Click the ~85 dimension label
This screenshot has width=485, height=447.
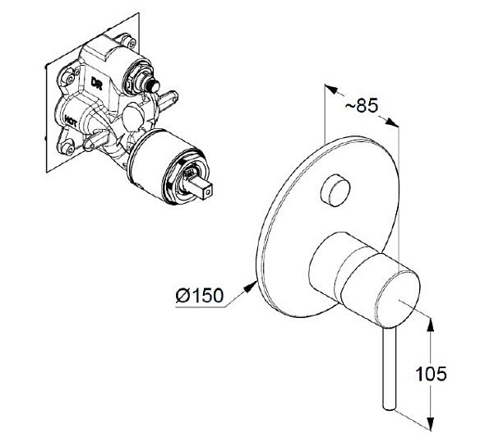point(361,105)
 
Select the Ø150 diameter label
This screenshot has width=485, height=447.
point(199,295)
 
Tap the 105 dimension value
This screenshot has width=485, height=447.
point(431,374)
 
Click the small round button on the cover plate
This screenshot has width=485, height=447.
point(335,190)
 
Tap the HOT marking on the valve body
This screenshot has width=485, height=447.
point(71,121)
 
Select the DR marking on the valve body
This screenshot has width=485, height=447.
point(96,83)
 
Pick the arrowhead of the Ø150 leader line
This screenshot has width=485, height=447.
point(251,286)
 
